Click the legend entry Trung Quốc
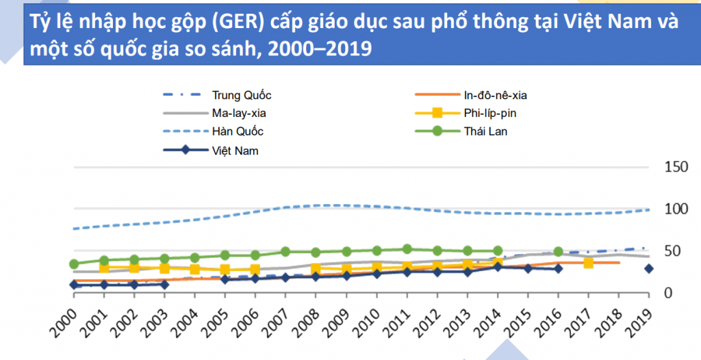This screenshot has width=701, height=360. [x=242, y=95]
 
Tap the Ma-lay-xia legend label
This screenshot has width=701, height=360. [x=239, y=113]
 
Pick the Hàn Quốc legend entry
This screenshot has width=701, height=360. [x=238, y=131]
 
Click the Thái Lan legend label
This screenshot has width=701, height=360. [x=481, y=131]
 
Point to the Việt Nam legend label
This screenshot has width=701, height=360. [x=235, y=150]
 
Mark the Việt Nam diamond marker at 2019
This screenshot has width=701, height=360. [x=648, y=268]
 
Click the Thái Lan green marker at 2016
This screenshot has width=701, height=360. [x=558, y=252]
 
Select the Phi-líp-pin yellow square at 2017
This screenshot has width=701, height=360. [x=588, y=263]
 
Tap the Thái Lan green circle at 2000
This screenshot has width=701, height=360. [x=74, y=263]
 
